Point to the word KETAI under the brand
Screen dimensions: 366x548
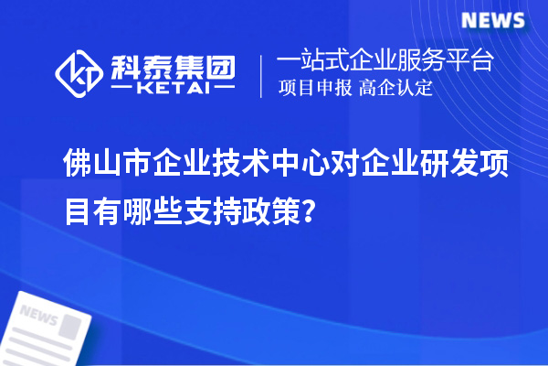173,90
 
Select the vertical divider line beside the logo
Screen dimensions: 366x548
263,75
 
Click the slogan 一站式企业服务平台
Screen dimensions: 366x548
385,62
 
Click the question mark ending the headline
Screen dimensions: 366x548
311,212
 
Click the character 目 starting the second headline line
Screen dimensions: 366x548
77,211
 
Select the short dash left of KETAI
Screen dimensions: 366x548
122,90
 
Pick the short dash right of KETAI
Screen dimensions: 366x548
224,90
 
